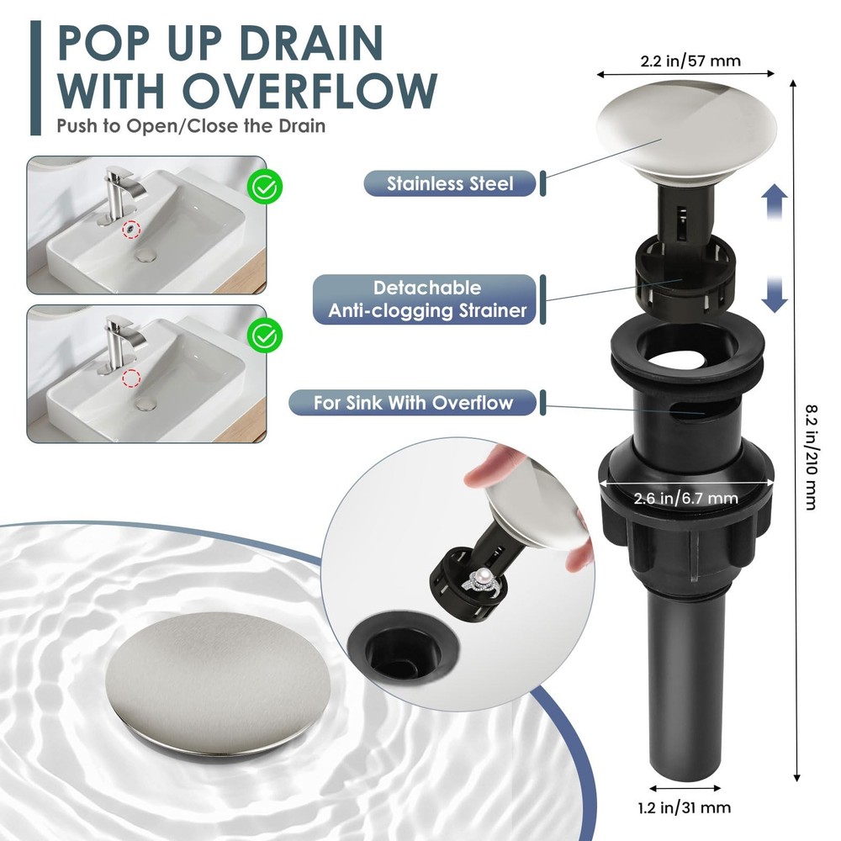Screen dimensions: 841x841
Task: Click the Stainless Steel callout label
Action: click(450, 184)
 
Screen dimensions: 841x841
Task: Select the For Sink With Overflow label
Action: click(412, 402)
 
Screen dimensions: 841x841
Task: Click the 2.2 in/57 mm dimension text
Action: click(690, 61)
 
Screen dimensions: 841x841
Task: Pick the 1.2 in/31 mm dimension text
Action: click(685, 807)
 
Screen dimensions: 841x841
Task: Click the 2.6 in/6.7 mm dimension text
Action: click(686, 498)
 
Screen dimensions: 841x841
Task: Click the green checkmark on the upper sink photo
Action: click(265, 186)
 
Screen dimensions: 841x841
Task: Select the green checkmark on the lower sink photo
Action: click(265, 336)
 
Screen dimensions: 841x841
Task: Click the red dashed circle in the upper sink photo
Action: click(131, 230)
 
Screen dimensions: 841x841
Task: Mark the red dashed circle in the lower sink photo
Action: click(131, 378)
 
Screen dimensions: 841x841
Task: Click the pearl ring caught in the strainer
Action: click(485, 581)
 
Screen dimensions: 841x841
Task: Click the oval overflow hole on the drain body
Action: click(687, 412)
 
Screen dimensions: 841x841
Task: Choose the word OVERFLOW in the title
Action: click(310, 91)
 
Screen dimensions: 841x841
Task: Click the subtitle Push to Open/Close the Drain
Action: click(191, 126)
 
